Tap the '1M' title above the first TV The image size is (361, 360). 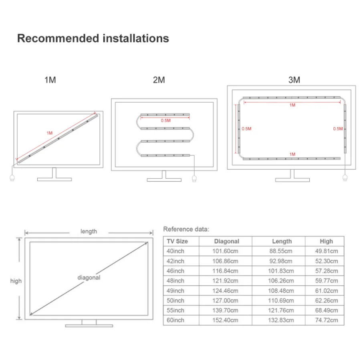tap(50, 80)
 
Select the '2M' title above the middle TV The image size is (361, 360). tap(159, 80)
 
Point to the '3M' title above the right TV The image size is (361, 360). tap(294, 80)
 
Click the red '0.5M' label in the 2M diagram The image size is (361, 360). tap(165, 120)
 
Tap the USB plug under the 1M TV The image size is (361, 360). tap(12, 177)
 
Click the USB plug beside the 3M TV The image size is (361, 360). tap(344, 178)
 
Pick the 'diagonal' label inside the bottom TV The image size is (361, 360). tap(89, 277)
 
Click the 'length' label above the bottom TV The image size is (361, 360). tap(89, 231)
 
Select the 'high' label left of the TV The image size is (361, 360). tap(16, 281)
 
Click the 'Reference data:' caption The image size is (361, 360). tap(186, 229)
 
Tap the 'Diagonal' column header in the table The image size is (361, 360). tap(226, 241)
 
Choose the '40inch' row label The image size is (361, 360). tap(175, 251)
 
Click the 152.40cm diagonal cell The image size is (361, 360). tap(225, 320)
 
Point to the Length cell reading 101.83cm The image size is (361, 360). tap(282, 271)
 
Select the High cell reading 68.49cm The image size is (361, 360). tap(326, 310)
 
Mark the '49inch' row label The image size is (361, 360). tap(175, 291)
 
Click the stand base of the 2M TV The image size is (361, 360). tap(164, 180)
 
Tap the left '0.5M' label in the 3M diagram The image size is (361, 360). tap(246, 129)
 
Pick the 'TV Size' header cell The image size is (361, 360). tap(177, 241)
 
